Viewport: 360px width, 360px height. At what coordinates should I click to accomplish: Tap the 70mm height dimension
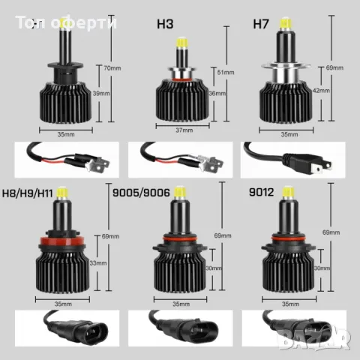[x=112, y=68]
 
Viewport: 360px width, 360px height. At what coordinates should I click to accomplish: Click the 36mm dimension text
[x=217, y=94]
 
